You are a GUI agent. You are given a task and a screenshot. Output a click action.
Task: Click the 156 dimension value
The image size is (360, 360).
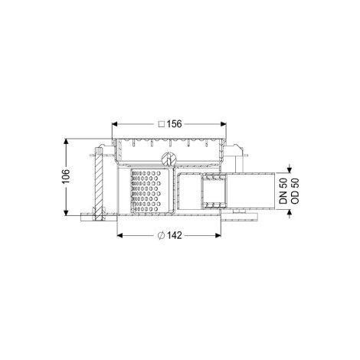(175, 124)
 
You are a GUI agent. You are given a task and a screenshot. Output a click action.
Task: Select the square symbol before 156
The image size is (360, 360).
(162, 124)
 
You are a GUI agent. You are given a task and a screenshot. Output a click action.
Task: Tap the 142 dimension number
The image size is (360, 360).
(175, 235)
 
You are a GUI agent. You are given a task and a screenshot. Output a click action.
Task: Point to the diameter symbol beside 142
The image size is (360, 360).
(161, 235)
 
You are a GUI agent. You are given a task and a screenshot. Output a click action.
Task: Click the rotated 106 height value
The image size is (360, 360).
(66, 176)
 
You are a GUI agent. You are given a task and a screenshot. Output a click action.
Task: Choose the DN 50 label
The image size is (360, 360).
(283, 191)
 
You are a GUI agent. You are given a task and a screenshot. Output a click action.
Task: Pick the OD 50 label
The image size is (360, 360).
(295, 191)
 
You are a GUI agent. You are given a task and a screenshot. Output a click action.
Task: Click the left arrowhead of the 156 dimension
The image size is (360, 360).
(115, 124)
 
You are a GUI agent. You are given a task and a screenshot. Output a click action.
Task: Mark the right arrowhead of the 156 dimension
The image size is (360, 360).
(224, 124)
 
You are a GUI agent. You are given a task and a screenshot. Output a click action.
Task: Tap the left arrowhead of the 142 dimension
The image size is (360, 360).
(119, 235)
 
